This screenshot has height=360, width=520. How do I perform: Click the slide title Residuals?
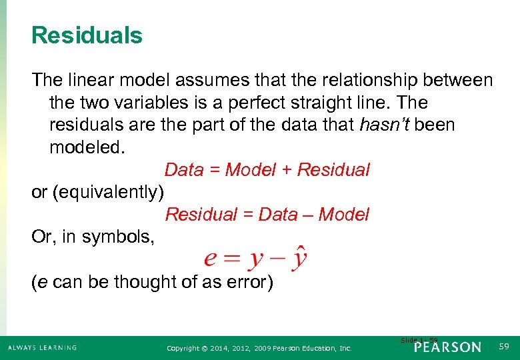87,35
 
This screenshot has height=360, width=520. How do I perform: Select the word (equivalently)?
109,192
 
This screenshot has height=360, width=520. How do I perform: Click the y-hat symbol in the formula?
299,259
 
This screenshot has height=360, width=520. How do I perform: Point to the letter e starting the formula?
210,259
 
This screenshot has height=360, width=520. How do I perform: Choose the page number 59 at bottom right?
503,347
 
